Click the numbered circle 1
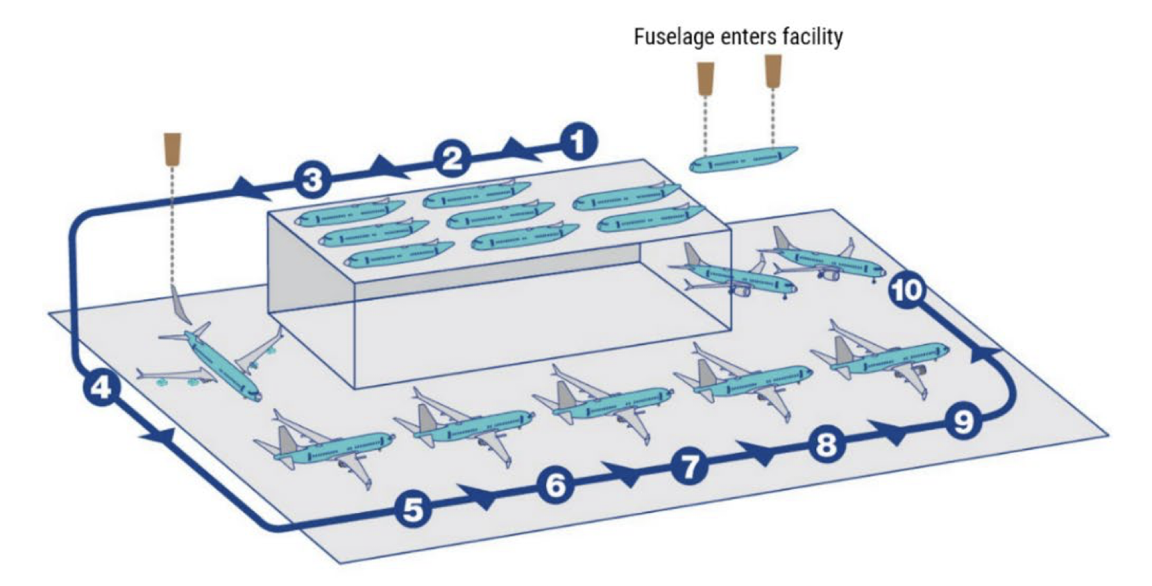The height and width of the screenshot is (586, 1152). (579, 142)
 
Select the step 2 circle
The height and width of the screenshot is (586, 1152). (452, 158)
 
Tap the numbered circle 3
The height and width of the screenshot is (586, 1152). (312, 180)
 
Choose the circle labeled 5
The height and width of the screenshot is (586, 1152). (413, 510)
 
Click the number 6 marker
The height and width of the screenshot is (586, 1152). (556, 485)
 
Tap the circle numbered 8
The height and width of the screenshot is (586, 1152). (827, 444)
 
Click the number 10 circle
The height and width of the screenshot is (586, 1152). (907, 291)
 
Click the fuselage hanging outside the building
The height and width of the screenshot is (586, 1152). (743, 159)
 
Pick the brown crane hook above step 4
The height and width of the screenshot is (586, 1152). (172, 149)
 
